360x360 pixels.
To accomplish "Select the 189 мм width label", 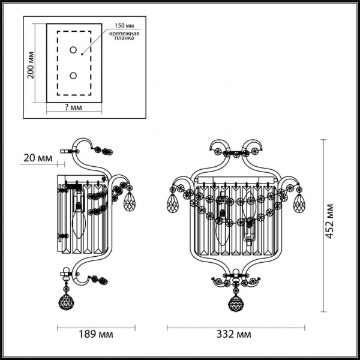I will point(97,334).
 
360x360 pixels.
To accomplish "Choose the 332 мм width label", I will point(235,334).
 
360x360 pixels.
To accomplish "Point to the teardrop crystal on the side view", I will point(128,202).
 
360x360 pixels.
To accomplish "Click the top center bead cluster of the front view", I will point(235,154).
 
